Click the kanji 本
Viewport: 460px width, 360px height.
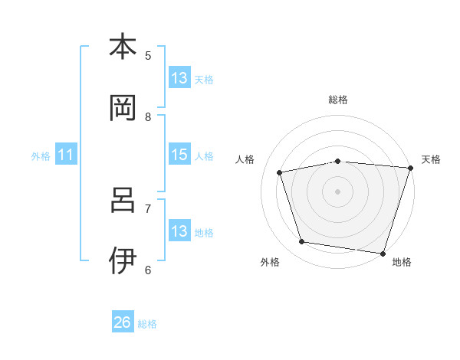click(x=123, y=47)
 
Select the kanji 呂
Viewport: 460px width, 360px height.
click(x=123, y=200)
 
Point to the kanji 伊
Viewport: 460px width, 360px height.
click(x=123, y=261)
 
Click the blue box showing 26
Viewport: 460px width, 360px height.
click(x=123, y=322)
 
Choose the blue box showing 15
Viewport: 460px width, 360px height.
click(x=179, y=155)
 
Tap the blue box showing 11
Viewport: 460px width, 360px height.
click(x=66, y=155)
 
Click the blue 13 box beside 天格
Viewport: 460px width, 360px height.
click(x=179, y=78)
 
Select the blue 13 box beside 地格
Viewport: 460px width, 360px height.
click(x=179, y=231)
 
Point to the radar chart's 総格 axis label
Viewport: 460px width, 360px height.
click(x=337, y=100)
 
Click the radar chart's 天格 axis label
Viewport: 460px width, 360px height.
click(x=432, y=159)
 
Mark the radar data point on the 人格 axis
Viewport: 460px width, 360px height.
click(x=280, y=172)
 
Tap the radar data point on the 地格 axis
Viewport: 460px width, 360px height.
click(x=383, y=253)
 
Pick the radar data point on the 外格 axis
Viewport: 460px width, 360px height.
click(x=302, y=242)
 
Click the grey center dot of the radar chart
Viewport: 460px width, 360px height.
click(x=337, y=191)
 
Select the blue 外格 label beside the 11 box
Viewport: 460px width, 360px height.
click(x=41, y=156)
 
